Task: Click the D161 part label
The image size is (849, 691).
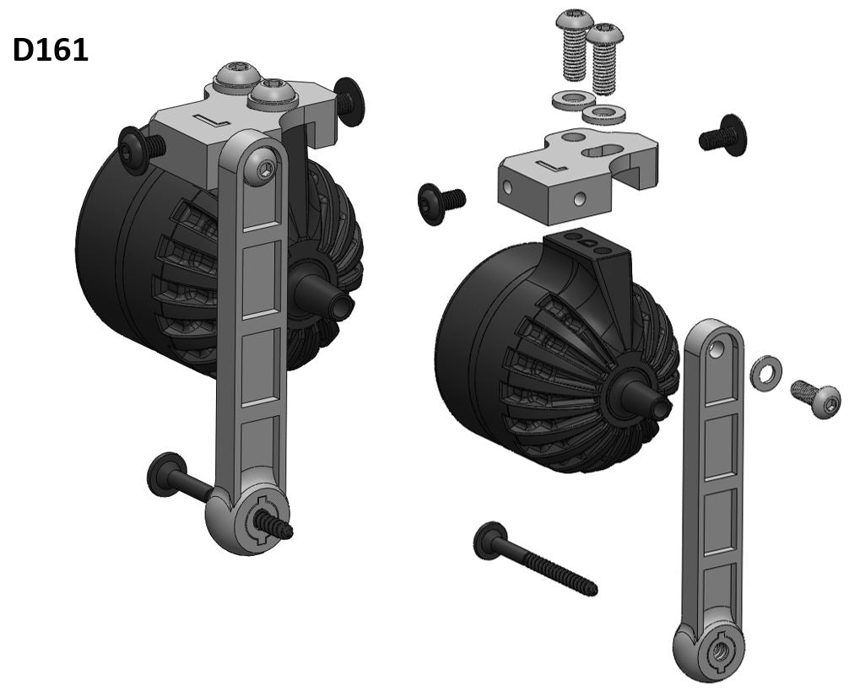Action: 51,51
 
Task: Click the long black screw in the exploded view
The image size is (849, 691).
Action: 535,559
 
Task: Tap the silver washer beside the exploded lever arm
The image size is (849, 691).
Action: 765,372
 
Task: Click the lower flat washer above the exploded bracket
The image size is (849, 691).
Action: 603,114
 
